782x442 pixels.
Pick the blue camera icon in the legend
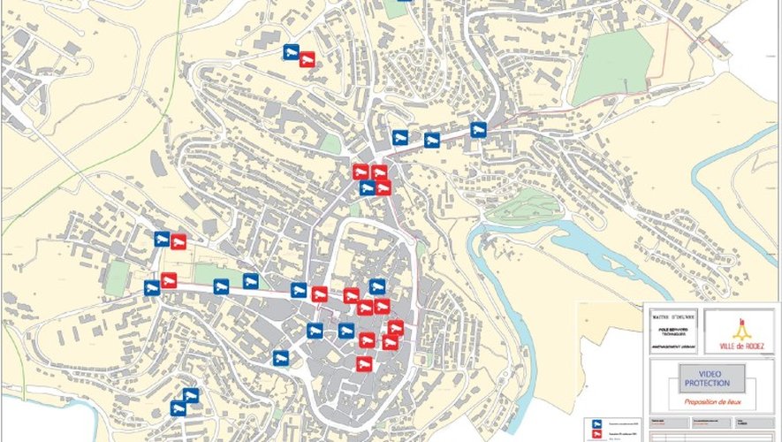tap(596, 423)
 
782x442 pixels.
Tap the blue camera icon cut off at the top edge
tap(405, 1)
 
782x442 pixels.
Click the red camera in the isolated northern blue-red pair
tap(306, 60)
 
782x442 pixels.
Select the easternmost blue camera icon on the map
tap(478, 130)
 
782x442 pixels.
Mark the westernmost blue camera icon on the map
tap(152, 287)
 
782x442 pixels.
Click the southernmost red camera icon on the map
tap(362, 363)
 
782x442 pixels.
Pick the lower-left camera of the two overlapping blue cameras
tap(178, 408)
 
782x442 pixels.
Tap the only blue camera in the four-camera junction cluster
tap(367, 187)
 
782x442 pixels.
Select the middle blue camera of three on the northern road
tap(431, 140)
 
